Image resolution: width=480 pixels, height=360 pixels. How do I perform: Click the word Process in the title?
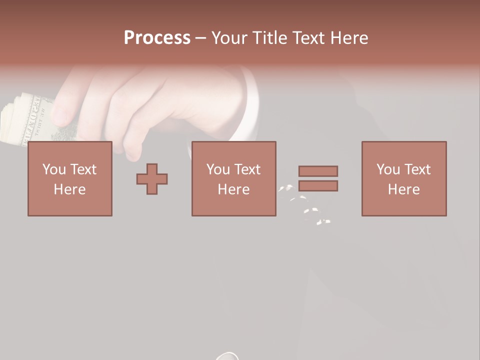coord(157,38)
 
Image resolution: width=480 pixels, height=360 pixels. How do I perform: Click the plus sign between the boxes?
coord(152,178)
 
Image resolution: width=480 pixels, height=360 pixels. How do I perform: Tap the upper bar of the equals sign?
coord(318,171)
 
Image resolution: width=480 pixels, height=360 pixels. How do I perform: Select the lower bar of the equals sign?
coord(318,185)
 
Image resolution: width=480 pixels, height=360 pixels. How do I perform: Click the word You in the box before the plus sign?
coord(53,169)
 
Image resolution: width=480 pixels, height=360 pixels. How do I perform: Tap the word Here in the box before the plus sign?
coord(69,189)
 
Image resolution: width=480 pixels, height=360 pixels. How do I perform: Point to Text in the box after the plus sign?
coord(247,169)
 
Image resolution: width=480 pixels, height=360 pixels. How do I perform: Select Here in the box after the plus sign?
coord(233,189)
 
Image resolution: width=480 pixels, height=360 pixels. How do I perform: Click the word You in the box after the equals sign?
coord(387,169)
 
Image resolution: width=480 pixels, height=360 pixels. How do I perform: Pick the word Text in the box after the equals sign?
coord(417,169)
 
